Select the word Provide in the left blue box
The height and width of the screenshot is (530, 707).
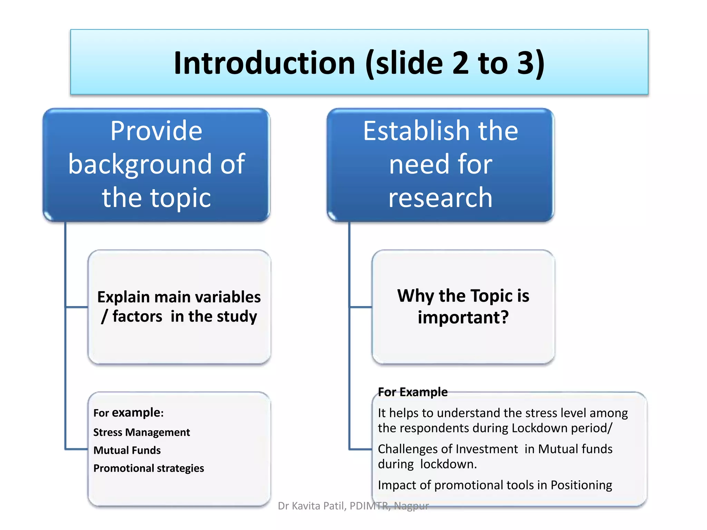(156, 131)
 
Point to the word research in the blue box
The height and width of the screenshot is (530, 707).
(440, 198)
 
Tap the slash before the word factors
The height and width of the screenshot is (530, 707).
(104, 316)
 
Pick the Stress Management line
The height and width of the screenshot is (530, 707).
(142, 432)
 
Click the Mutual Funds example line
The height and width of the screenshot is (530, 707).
(127, 450)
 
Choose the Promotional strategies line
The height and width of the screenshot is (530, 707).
(148, 468)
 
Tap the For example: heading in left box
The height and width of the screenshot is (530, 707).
(128, 413)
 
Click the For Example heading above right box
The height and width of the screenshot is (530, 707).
(413, 392)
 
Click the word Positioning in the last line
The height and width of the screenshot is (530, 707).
(581, 485)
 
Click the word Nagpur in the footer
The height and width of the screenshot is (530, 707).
(411, 506)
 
